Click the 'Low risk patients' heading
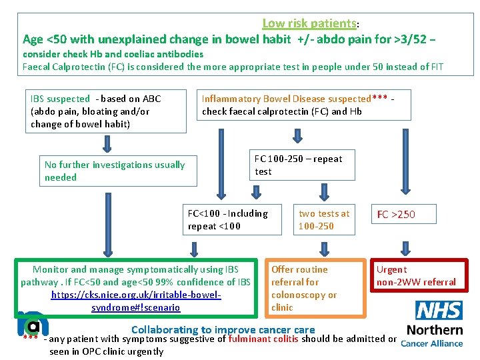point(309,23)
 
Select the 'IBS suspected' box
point(105,111)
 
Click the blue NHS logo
point(439,310)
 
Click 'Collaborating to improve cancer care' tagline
point(223,329)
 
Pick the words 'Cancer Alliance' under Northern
point(431,343)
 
